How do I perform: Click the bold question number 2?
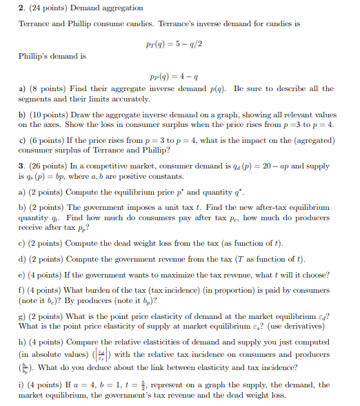pos(21,8)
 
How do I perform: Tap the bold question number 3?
pos(21,163)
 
